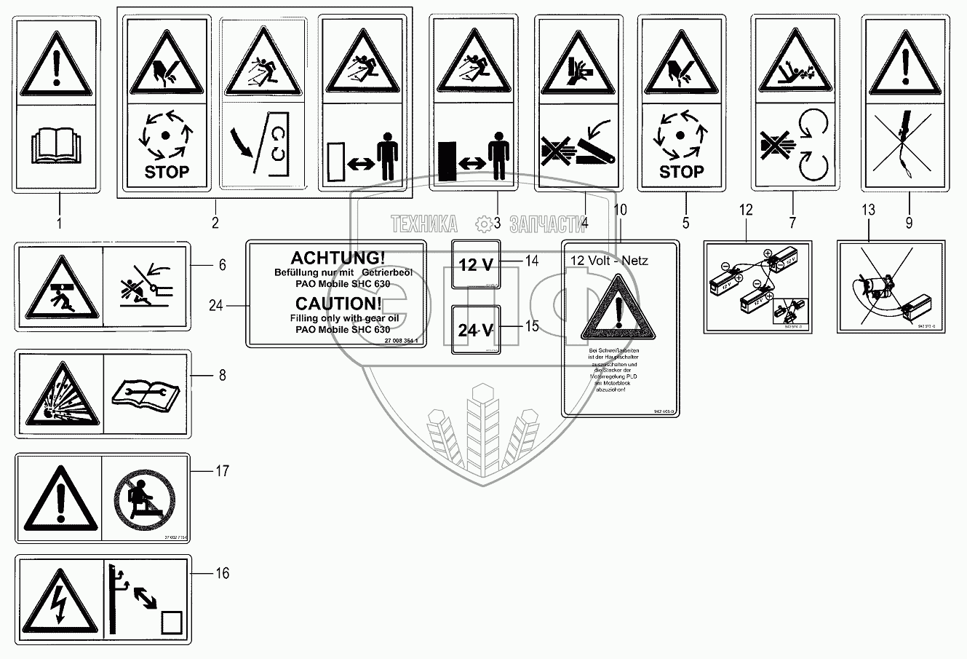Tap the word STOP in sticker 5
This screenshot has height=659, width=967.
681,172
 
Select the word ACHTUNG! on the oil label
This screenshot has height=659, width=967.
338,258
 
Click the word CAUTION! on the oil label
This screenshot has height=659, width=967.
338,304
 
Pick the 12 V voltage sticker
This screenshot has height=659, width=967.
476,264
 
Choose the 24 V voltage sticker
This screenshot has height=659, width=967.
476,329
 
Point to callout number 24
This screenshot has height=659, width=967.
216,306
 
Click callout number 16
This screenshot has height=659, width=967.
222,574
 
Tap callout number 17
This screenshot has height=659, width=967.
222,471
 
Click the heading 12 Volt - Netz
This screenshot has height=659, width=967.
608,260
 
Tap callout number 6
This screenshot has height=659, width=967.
222,265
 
